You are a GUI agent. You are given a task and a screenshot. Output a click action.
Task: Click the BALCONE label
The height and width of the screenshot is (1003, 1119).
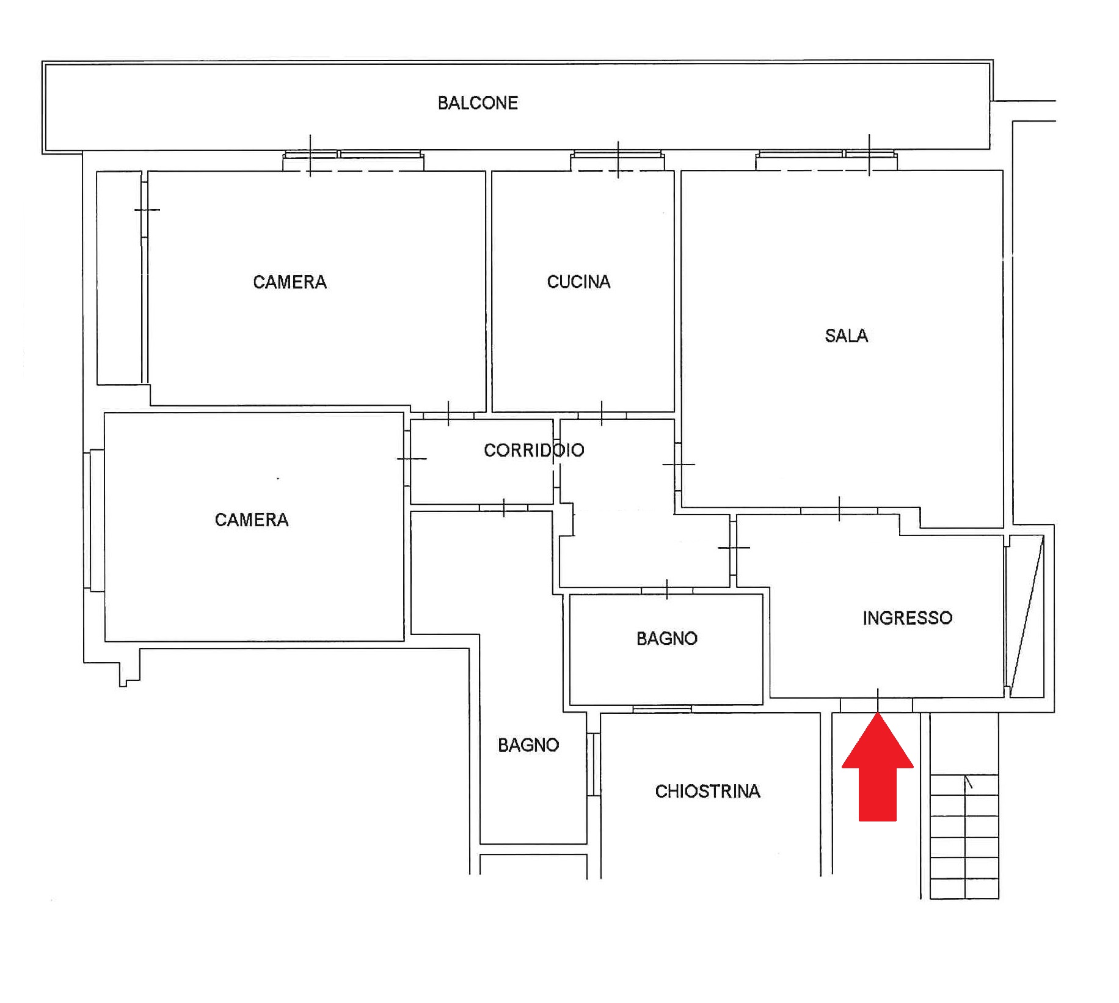[x=478, y=103]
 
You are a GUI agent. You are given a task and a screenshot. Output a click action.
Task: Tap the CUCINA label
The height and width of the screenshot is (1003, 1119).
[x=578, y=282]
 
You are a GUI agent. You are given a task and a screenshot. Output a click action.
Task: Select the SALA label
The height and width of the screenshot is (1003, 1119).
[x=846, y=336]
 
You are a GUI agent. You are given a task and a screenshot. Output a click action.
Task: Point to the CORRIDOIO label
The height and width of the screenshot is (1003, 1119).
[x=534, y=450]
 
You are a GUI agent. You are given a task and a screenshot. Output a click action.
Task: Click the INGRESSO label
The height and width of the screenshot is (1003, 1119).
[x=907, y=618]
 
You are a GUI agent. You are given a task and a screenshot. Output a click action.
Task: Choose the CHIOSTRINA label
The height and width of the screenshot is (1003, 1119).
[x=707, y=792]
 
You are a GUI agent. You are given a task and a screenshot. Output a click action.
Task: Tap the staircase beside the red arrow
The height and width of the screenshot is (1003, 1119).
[x=964, y=836]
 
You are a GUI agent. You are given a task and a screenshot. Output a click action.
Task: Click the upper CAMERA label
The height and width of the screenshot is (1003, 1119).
[x=290, y=282]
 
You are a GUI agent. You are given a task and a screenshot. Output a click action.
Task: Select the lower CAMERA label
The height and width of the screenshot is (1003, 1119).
[x=251, y=520]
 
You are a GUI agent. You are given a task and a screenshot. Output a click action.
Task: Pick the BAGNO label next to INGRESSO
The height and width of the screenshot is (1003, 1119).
[x=666, y=639]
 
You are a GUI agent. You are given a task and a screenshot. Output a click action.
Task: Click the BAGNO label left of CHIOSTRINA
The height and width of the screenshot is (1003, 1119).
[x=528, y=745]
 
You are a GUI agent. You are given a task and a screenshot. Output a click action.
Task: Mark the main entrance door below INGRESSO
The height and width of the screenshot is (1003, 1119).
[x=877, y=705]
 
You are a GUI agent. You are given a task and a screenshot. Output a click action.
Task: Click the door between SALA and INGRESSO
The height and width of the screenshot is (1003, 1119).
[x=839, y=510]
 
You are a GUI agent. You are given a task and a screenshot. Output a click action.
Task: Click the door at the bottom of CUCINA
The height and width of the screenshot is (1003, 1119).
[x=602, y=416]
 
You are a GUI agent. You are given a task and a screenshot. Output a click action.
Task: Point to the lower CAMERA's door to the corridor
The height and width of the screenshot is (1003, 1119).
[x=407, y=458]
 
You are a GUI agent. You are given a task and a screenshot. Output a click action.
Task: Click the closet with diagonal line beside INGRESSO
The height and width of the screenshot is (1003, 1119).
[x=1026, y=616]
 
